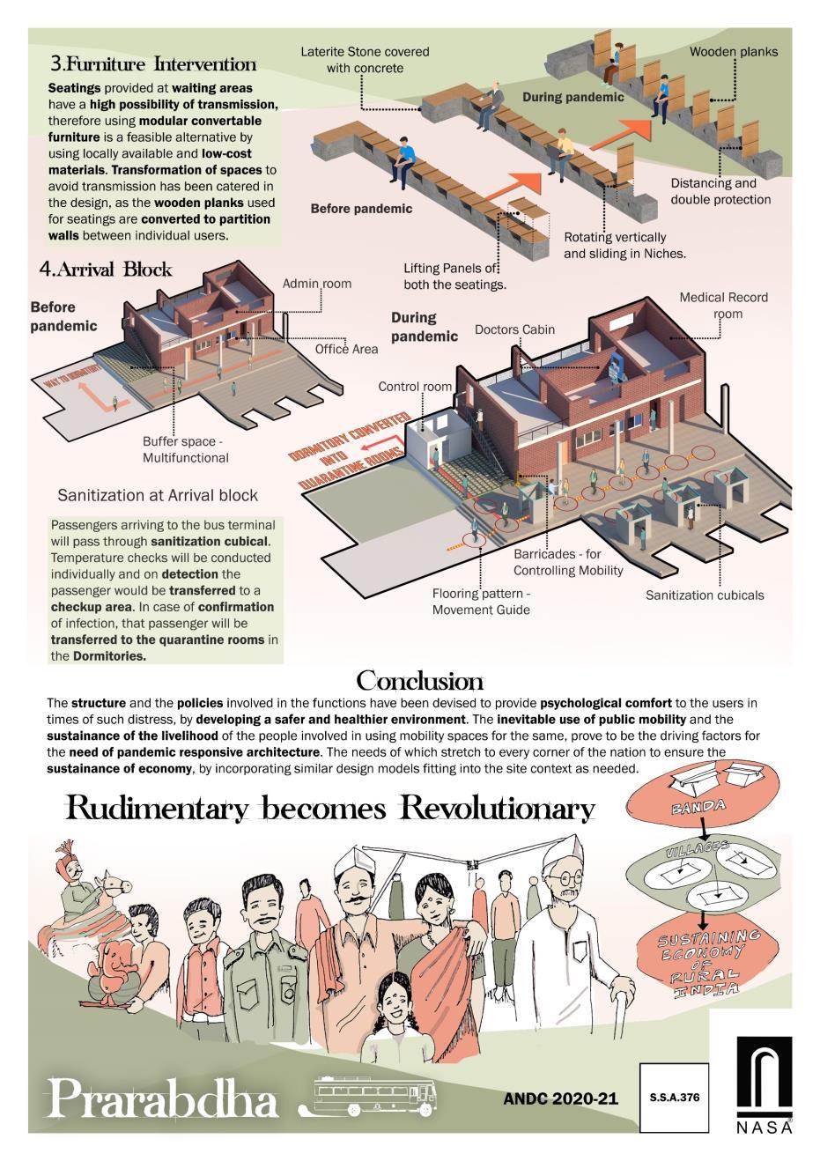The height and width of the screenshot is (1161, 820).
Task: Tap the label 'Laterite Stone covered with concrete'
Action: click(x=365, y=59)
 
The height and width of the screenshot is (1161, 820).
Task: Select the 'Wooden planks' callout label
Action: click(x=733, y=52)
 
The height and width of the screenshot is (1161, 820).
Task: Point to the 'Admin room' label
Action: click(x=316, y=284)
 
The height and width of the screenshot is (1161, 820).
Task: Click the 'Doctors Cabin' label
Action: click(x=514, y=329)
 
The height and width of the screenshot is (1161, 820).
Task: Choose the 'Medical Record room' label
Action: click(x=723, y=305)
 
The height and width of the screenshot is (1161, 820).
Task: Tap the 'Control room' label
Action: click(x=415, y=387)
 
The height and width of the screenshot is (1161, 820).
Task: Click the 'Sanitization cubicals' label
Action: click(x=705, y=595)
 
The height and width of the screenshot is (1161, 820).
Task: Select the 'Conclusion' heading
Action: click(x=419, y=681)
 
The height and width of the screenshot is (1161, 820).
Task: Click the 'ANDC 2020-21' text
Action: click(x=561, y=1099)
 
